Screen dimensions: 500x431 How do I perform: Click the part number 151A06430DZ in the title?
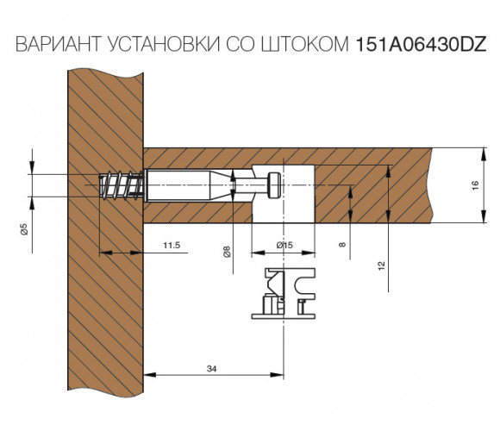421,44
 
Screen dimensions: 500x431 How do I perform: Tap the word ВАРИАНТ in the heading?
58,44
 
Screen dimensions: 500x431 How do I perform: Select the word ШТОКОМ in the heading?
305,44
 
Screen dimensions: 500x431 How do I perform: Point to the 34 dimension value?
211,369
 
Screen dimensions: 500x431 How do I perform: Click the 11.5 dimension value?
172,245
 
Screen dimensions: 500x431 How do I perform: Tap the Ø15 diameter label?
284,245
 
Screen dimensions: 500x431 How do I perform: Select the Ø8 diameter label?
227,252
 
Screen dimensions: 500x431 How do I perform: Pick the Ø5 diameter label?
24,229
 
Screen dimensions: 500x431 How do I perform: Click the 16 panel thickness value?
475,185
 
